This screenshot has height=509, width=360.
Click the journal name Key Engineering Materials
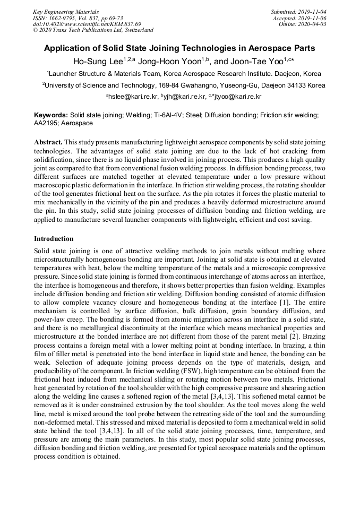(65, 11)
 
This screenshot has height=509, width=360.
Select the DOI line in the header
(87, 24)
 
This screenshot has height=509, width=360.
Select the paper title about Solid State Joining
(179, 48)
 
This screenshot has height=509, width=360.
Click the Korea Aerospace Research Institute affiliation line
(184, 74)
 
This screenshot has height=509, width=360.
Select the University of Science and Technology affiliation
(184, 85)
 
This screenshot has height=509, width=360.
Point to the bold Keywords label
(51, 115)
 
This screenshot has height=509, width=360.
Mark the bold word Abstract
(48, 143)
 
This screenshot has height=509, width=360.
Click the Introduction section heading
(54, 238)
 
